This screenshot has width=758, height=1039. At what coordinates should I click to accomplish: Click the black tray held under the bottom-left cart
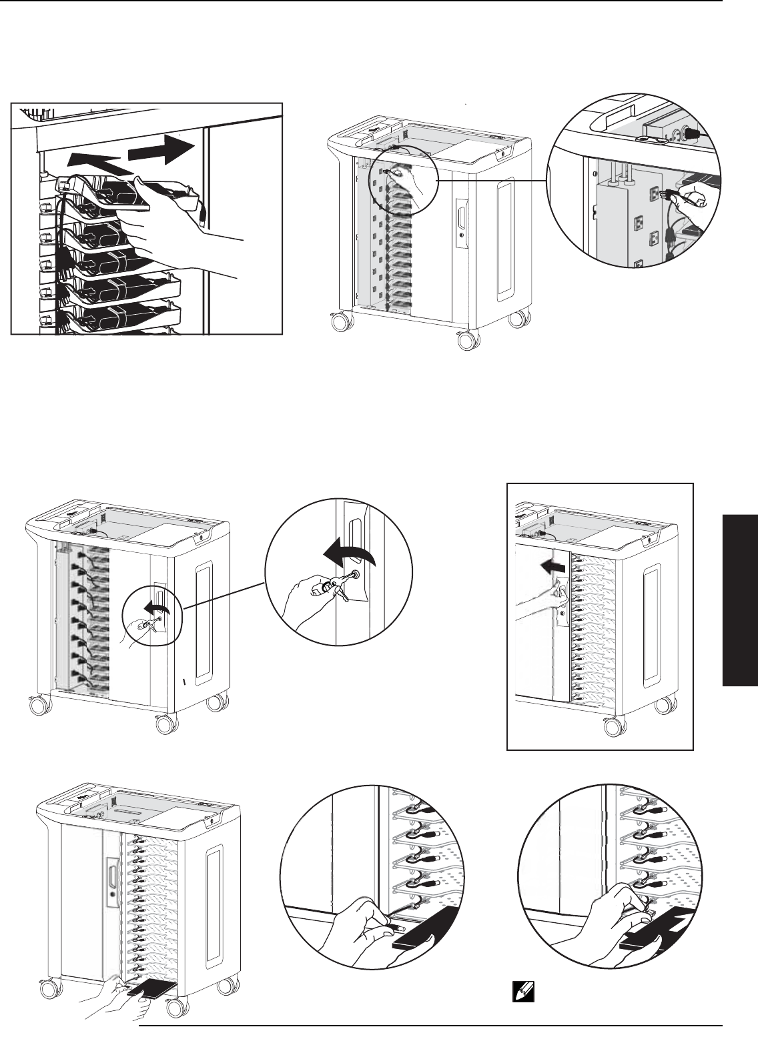[x=151, y=993]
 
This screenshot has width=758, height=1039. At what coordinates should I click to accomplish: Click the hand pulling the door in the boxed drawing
[x=544, y=595]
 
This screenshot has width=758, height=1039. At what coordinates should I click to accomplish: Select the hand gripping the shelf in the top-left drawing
[x=163, y=193]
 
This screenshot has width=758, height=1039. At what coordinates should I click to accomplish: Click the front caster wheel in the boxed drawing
[x=615, y=728]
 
